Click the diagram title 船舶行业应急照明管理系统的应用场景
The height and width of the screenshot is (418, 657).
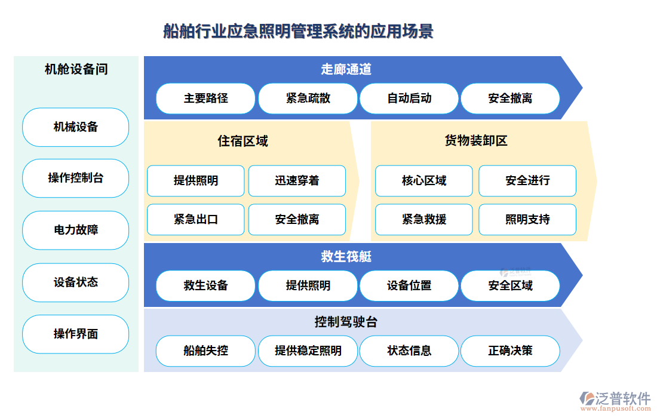(298, 32)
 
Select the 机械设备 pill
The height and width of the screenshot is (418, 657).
(75, 127)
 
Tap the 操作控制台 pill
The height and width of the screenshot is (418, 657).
(75, 178)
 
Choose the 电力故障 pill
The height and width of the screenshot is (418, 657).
(75, 230)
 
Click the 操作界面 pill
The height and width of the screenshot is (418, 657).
(75, 334)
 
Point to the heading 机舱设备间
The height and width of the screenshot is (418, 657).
(76, 69)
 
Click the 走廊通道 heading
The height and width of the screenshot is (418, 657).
(346, 69)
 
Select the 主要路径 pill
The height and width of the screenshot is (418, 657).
(205, 99)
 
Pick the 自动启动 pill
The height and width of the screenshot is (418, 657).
(409, 99)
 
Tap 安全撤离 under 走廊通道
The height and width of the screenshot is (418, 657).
(510, 99)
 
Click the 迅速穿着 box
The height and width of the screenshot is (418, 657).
(297, 180)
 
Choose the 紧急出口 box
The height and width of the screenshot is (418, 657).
(196, 220)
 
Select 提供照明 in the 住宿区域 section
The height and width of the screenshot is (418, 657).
(196, 180)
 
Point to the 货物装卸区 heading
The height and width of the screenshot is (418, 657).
(476, 141)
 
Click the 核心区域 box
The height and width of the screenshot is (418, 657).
(424, 180)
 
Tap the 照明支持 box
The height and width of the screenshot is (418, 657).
(527, 220)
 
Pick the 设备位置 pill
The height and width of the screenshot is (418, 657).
(409, 285)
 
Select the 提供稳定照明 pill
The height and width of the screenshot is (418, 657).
(308, 351)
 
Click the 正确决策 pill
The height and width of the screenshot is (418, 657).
(510, 351)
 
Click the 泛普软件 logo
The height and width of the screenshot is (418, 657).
(615, 401)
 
